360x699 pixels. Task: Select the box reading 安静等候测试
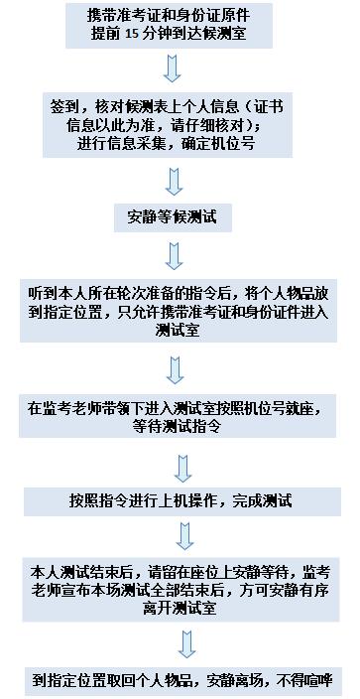pyautogui.click(x=173, y=217)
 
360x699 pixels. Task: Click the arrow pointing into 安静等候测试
pyautogui.click(x=175, y=182)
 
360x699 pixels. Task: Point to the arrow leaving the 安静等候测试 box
pyautogui.click(x=175, y=256)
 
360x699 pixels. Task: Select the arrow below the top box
pyautogui.click(x=172, y=69)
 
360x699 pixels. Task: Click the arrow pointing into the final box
pyautogui.click(x=186, y=644)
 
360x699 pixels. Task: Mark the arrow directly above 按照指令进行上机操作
pyautogui.click(x=182, y=469)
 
